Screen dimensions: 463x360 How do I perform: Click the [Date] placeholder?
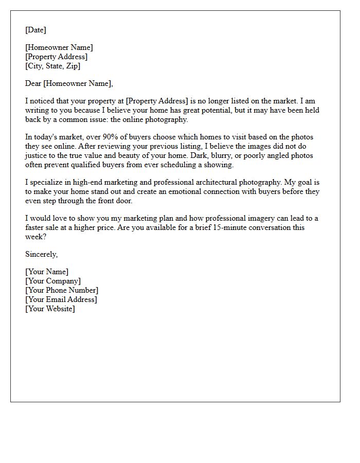coord(35,30)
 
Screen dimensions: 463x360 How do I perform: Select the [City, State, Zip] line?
coord(52,66)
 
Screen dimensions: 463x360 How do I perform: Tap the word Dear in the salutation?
coord(33,83)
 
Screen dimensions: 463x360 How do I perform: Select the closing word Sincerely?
coord(41,254)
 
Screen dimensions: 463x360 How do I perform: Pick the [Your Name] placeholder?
coord(47,272)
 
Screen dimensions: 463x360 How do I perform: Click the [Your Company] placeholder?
coord(53,281)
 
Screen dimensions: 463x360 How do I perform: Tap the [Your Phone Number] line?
coord(62,290)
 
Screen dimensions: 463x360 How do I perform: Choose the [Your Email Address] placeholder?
coord(61,299)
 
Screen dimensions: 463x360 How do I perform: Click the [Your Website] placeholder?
coord(50,309)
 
